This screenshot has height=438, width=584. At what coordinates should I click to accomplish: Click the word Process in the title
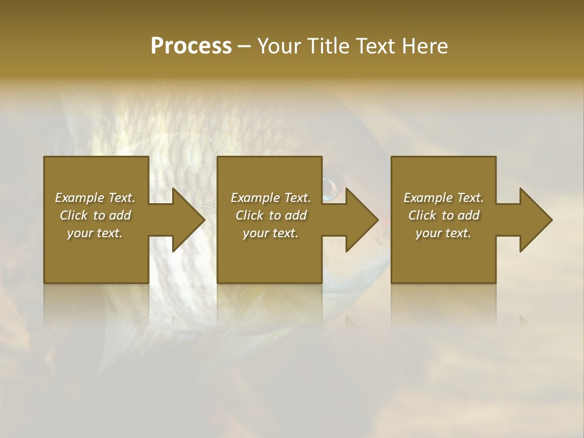click(x=191, y=46)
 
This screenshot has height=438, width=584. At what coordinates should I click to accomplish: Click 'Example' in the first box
click(x=80, y=198)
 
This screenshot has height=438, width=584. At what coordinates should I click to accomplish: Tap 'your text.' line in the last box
click(x=443, y=233)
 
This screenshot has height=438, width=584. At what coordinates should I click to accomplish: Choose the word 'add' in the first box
click(x=120, y=215)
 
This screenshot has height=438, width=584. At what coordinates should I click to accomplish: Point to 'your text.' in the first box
click(x=95, y=233)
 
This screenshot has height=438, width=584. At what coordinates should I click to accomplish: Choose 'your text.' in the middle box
click(x=270, y=233)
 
